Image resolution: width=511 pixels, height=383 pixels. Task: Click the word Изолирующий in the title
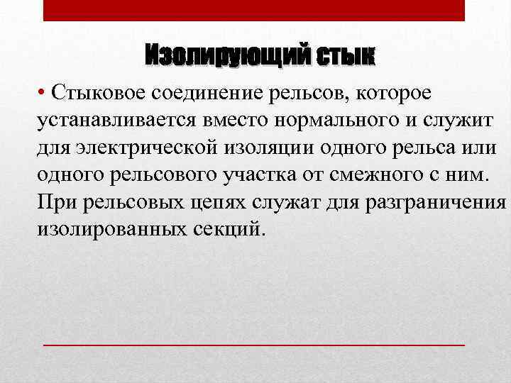226,56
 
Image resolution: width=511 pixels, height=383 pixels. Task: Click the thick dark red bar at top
254,10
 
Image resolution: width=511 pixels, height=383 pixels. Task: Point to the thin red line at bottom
254,344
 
